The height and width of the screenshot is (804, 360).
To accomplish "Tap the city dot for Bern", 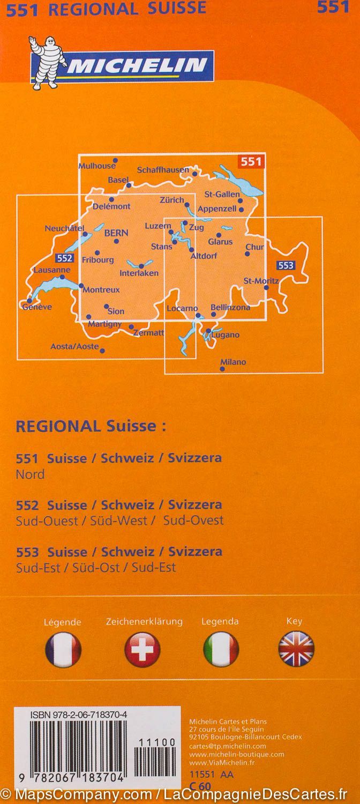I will (116, 241).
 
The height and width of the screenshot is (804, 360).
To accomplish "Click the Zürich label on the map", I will (171, 200).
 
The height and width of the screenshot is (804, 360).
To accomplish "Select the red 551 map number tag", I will (251, 161).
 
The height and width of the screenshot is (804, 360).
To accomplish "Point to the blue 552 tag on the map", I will (64, 258).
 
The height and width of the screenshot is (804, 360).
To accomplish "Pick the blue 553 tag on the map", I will (286, 265).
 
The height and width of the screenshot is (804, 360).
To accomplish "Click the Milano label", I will (233, 362).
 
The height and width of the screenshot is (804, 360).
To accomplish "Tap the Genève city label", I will (37, 307).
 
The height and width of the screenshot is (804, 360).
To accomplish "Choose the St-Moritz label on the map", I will (261, 280).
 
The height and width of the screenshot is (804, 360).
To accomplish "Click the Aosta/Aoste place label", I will (74, 346).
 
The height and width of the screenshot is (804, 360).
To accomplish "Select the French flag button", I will (63, 650).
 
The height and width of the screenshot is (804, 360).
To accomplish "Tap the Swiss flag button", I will (142, 650).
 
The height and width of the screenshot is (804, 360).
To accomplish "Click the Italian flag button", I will (221, 650).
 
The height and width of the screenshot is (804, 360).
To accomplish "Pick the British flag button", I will (296, 650).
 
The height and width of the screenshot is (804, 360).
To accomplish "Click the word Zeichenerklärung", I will (144, 622).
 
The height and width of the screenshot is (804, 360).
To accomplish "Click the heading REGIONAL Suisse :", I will (91, 426).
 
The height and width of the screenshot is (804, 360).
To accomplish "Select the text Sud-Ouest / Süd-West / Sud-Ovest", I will (120, 520).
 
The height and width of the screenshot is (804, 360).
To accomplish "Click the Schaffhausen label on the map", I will (163, 169).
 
